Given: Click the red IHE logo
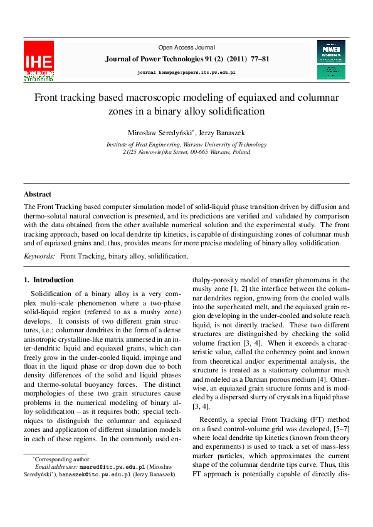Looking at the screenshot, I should (39, 61).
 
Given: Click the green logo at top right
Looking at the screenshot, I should (331, 60).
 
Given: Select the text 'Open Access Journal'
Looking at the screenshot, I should (186, 48).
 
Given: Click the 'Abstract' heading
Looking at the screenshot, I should (38, 194).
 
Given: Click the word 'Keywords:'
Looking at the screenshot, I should (39, 257).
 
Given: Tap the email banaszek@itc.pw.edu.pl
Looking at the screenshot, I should (95, 475).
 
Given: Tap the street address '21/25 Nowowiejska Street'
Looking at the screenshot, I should (154, 152).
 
